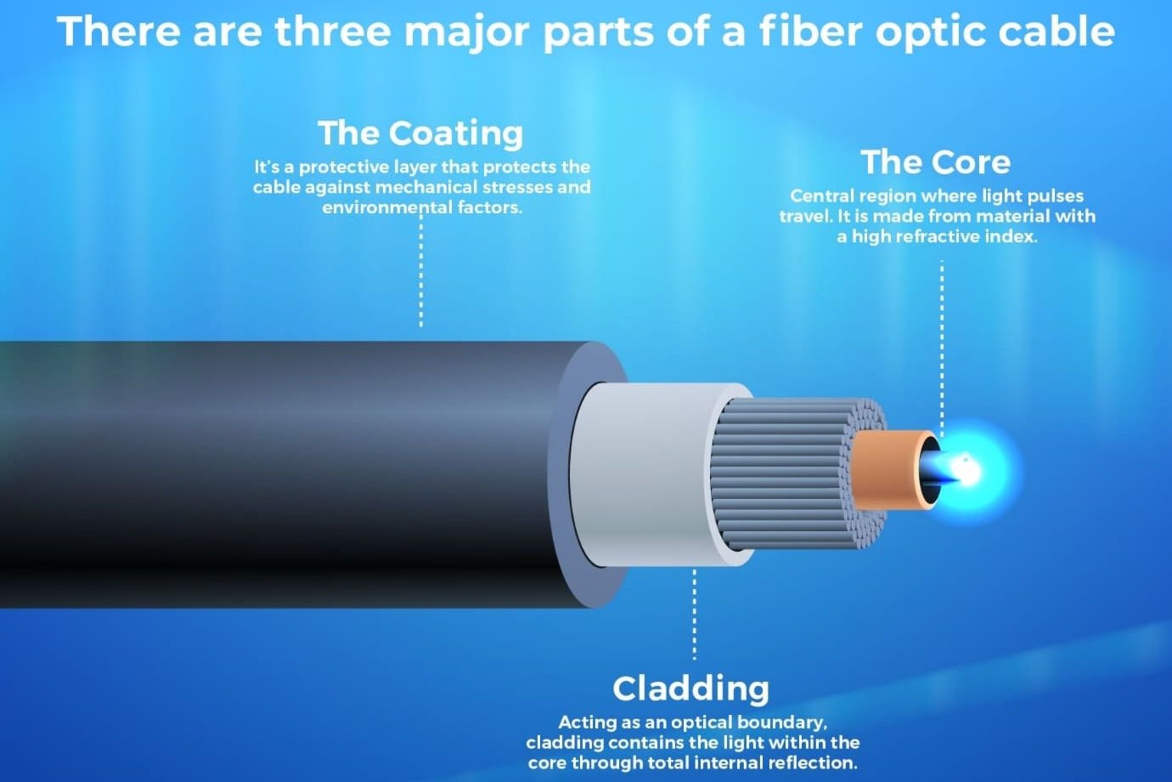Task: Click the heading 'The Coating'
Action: click(421, 133)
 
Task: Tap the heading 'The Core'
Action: click(935, 162)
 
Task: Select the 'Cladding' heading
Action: click(691, 689)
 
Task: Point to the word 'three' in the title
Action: click(333, 31)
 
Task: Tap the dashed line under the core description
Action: click(942, 348)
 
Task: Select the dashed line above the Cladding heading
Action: click(694, 615)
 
